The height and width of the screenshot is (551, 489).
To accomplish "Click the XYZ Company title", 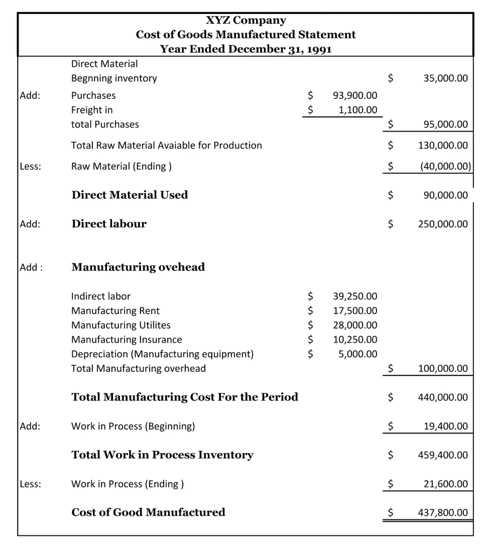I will [246, 21].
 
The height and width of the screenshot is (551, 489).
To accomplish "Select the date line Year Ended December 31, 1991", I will [246, 49].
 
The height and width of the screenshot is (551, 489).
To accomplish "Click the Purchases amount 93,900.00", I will [355, 95].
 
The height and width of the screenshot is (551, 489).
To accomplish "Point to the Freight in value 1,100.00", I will [358, 109].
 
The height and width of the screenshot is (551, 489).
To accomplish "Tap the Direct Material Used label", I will [130, 195].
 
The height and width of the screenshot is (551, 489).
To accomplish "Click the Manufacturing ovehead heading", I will [138, 267].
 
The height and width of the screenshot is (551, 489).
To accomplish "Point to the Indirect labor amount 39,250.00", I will [355, 297].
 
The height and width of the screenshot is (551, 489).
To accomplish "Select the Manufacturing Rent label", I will [115, 311].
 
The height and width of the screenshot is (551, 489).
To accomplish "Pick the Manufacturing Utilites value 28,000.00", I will [355, 325].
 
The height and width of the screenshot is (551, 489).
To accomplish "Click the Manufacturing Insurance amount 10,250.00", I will [355, 340].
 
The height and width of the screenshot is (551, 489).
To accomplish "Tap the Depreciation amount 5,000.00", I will [358, 354].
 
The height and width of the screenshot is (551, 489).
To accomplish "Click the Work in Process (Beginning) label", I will [133, 427].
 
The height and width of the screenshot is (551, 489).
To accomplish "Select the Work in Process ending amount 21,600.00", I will [445, 484].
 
